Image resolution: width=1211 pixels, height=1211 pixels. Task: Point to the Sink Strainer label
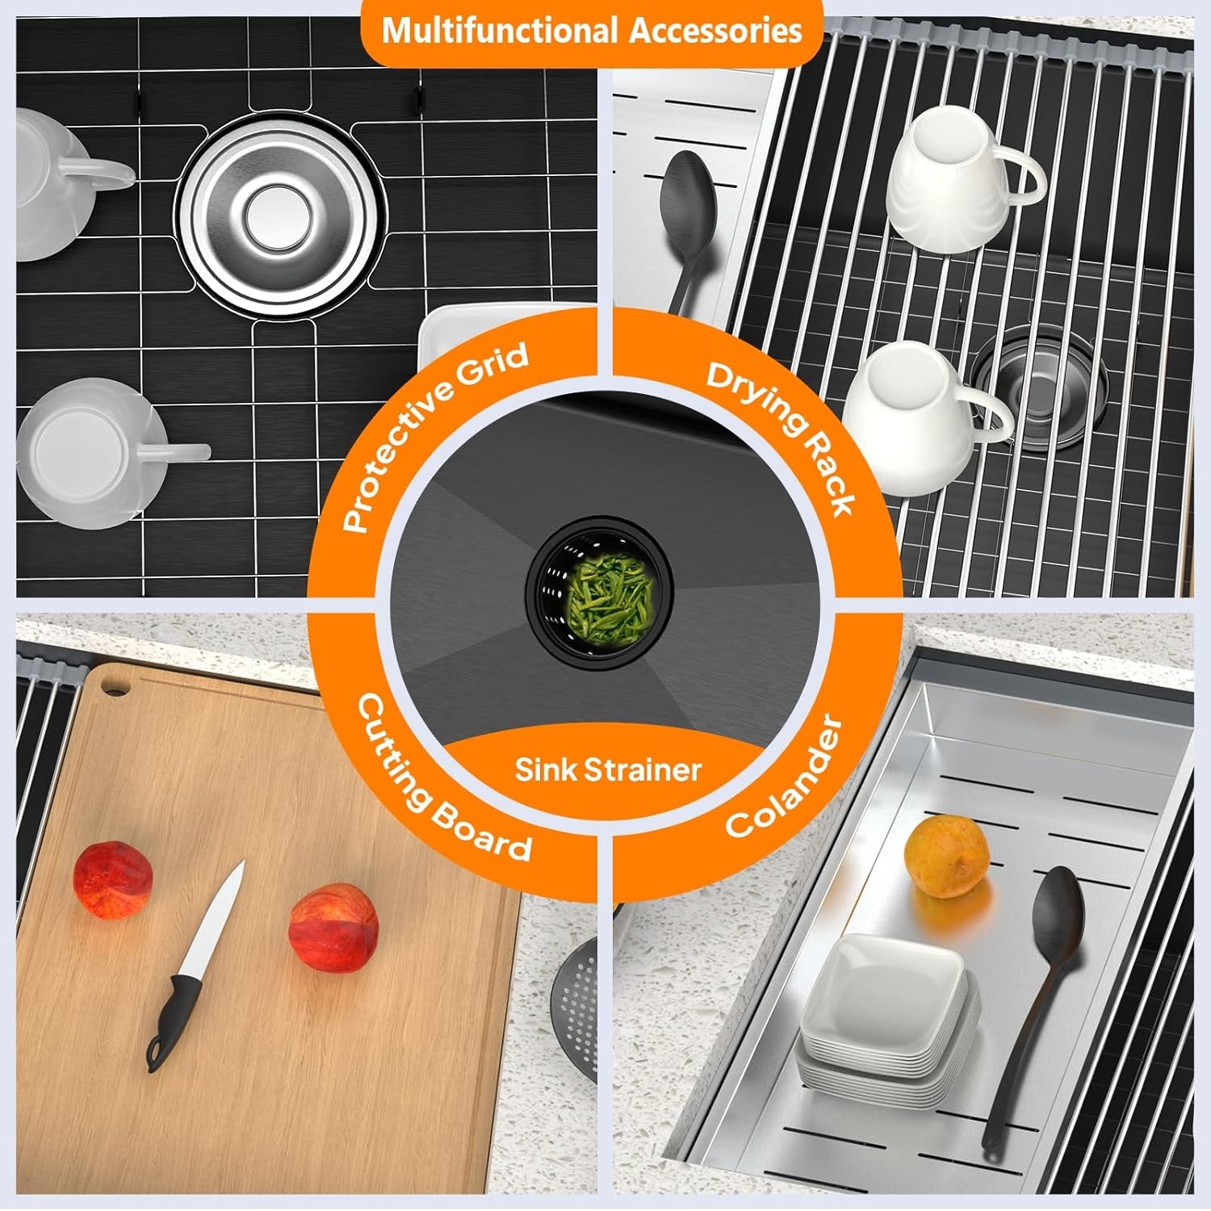[608, 769]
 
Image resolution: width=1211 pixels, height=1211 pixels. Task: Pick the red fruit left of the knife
[113, 879]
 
